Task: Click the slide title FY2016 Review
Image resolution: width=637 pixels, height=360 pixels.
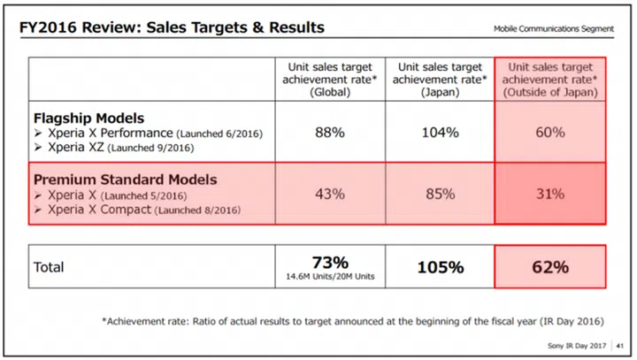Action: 172,27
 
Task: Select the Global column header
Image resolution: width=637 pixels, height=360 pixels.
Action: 329,78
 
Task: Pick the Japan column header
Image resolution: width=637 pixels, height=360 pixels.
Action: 440,78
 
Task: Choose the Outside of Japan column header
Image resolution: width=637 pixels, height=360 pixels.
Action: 549,78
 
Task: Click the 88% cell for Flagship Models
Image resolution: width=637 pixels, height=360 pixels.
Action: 329,133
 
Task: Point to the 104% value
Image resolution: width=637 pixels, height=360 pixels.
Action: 440,133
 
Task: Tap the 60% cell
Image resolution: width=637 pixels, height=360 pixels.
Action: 549,133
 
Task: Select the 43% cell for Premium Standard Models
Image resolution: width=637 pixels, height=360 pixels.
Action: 329,195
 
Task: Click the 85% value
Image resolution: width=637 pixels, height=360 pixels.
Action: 440,195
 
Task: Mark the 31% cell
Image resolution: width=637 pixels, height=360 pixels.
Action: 549,195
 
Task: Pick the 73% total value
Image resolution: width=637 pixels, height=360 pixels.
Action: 329,261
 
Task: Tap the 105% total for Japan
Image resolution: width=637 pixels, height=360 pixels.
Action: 440,266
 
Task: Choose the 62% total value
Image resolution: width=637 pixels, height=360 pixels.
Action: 549,266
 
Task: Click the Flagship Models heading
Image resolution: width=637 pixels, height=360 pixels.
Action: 88,118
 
